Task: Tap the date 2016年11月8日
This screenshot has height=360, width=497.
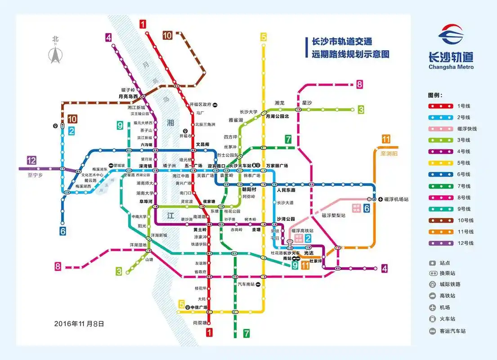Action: (x=79, y=323)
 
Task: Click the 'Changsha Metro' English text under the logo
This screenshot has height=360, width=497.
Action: (x=451, y=67)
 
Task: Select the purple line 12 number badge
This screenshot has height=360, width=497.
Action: (x=31, y=160)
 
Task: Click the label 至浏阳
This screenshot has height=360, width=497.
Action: (x=389, y=153)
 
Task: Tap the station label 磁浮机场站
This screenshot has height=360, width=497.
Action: (x=396, y=199)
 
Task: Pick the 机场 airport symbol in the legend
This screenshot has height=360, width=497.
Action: (x=432, y=308)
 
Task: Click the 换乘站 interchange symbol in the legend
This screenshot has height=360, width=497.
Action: (x=432, y=274)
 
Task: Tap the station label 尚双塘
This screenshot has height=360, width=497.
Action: (x=200, y=323)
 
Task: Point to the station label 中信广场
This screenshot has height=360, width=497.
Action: (x=198, y=308)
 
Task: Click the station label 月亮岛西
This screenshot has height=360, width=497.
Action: (x=128, y=96)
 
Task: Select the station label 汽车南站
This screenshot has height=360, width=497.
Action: (x=246, y=284)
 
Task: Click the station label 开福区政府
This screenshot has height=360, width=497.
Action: (x=200, y=104)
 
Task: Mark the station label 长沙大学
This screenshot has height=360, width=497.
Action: (x=248, y=112)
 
